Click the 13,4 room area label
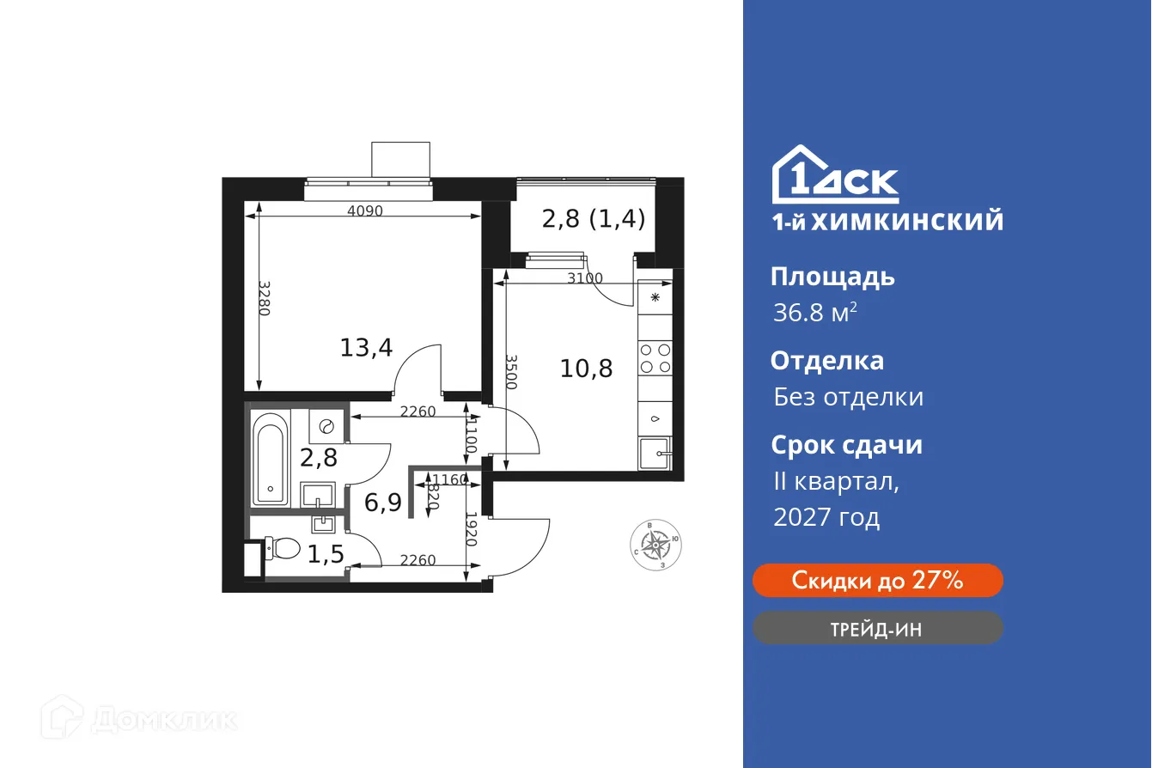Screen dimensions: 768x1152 [366, 348]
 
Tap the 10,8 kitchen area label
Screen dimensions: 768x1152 [586, 369]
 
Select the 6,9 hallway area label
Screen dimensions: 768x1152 [383, 502]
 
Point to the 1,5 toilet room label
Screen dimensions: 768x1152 [326, 554]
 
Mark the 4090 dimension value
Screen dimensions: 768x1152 [364, 210]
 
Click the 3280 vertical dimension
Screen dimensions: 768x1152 [264, 298]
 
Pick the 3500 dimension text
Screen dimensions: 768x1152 [511, 372]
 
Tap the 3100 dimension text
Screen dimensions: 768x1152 [584, 278]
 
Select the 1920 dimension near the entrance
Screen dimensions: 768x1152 [471, 529]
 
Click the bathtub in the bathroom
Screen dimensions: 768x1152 [271, 460]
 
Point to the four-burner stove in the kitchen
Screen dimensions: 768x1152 [655, 357]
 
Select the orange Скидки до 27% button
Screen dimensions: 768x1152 [877, 581]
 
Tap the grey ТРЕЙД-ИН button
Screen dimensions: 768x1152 [877, 629]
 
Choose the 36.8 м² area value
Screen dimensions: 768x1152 [814, 312]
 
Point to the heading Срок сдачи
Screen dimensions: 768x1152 [846, 445]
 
